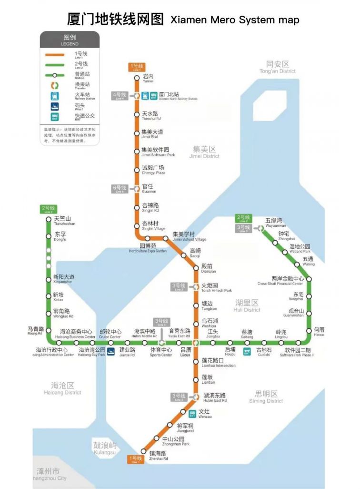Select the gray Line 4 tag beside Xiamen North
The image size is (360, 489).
tap(119, 95)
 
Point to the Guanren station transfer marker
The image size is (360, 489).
tap(136, 189)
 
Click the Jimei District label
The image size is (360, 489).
tap(204, 152)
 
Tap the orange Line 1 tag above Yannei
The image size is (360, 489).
tap(136, 67)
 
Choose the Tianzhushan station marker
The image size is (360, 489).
tap(48, 219)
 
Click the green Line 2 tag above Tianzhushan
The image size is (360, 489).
tap(48, 209)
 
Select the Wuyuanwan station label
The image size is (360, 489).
tap(274, 222)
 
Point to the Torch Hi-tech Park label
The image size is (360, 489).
tap(216, 287)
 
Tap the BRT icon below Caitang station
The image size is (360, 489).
tap(247, 352)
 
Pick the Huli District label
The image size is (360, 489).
tap(247, 306)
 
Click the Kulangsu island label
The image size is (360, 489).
tap(104, 448)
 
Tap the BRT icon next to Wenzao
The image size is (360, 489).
tap(192, 413)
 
